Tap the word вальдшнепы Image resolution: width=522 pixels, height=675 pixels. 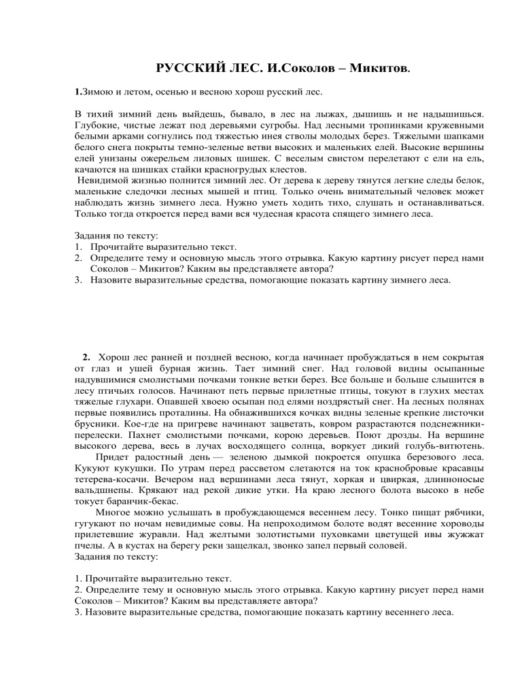pos(105,500)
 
